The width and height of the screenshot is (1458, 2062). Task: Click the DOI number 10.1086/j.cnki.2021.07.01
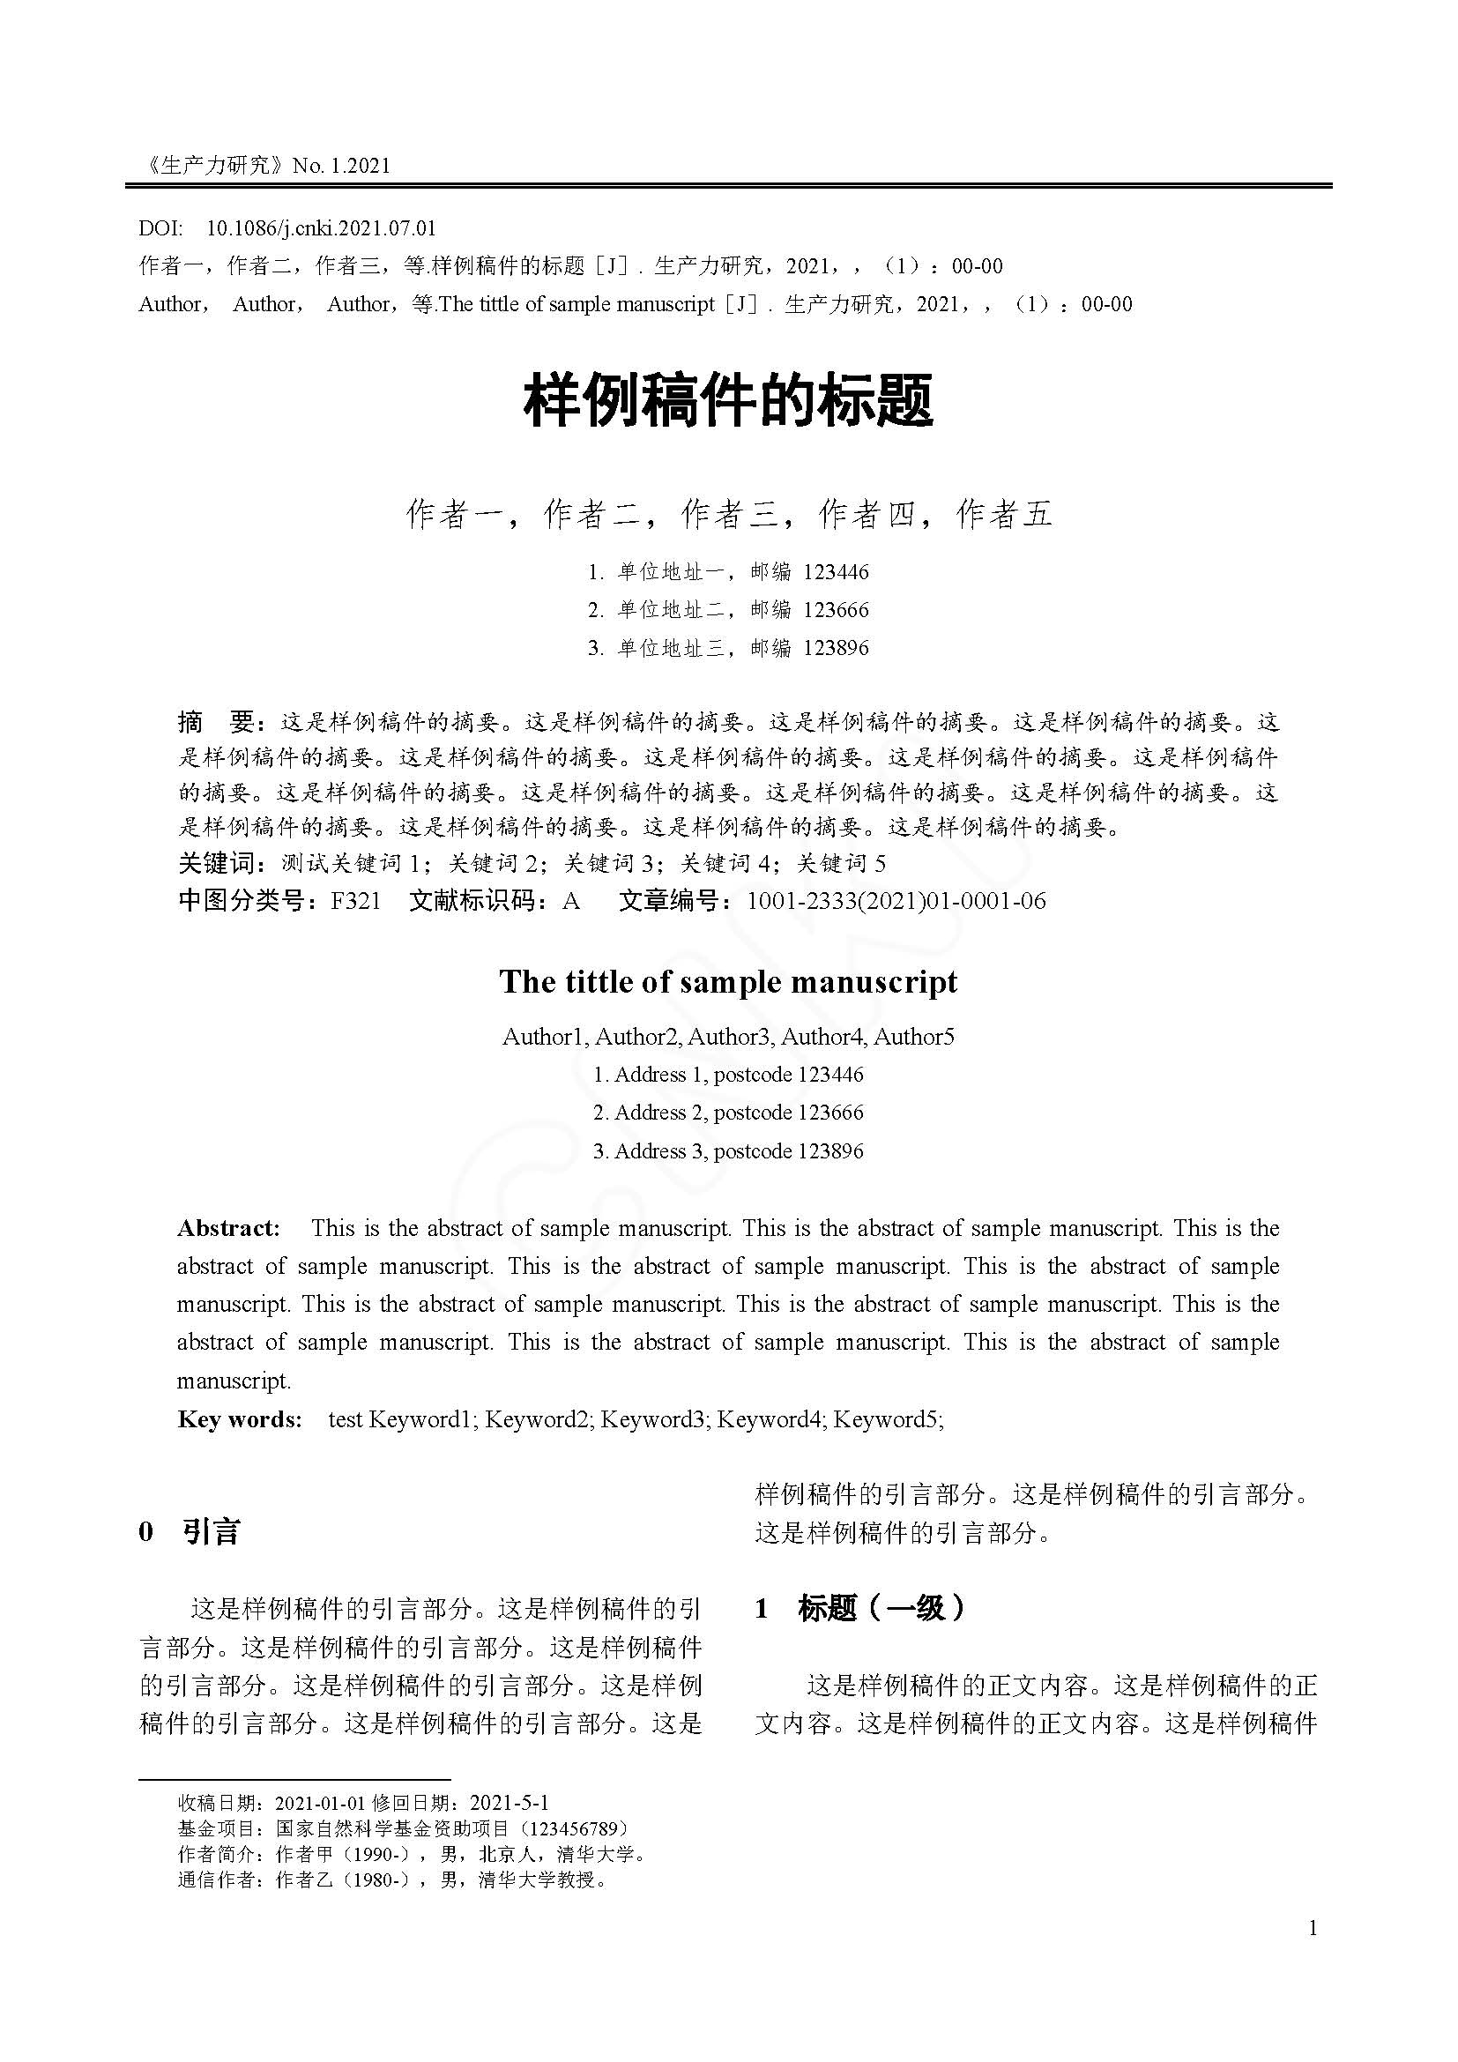(321, 228)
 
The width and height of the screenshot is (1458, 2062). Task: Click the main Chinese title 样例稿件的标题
(728, 400)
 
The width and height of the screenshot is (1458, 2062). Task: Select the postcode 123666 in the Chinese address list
(836, 610)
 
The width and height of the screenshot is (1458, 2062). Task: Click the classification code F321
(355, 901)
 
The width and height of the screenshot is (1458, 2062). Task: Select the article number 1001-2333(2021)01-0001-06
(896, 901)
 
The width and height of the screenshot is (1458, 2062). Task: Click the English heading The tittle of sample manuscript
(728, 981)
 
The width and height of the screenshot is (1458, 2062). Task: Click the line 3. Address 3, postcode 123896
(728, 1151)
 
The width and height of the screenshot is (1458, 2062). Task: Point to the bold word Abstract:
(228, 1229)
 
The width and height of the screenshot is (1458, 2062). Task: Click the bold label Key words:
(240, 1420)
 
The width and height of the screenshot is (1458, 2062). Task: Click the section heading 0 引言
(190, 1531)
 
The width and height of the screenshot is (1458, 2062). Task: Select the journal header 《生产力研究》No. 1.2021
(265, 165)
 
